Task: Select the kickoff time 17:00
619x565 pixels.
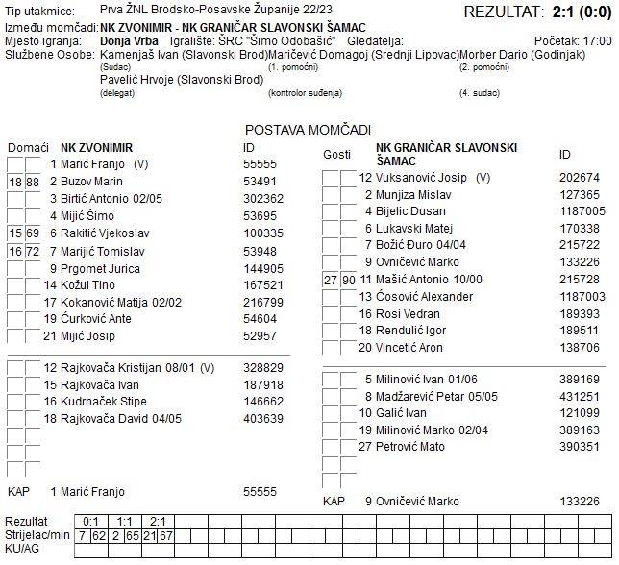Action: tap(597, 42)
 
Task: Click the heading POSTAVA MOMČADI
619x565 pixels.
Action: tap(308, 130)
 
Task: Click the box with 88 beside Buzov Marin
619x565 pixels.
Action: tap(33, 182)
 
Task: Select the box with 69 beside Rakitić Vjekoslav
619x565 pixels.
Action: tap(33, 233)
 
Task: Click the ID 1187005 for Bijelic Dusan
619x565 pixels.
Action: tap(582, 211)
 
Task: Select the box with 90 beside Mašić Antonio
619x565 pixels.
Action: tap(348, 280)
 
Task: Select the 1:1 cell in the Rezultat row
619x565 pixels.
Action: tap(125, 520)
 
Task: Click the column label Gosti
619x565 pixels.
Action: tap(336, 155)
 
